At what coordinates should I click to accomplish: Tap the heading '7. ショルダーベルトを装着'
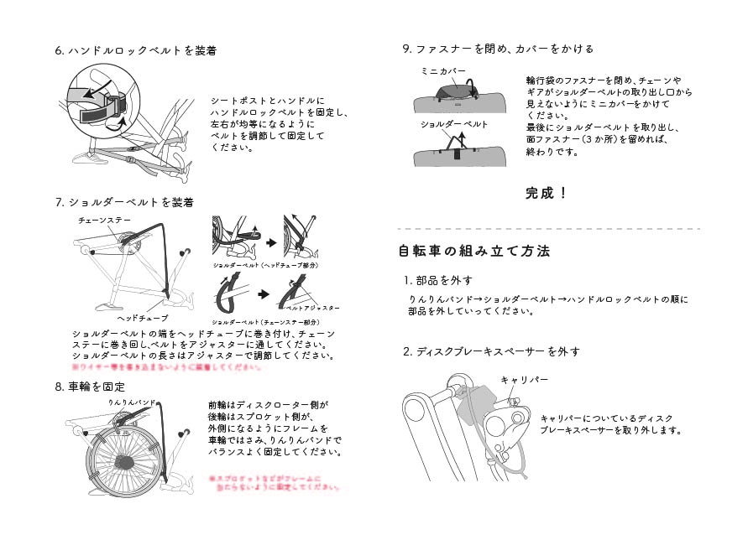pos(124,202)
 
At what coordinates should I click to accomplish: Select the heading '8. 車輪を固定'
pos(90,387)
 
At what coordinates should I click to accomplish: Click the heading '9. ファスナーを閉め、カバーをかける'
pos(499,49)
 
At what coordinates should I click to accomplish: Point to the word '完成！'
pos(547,194)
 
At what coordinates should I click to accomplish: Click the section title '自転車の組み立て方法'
pos(474,251)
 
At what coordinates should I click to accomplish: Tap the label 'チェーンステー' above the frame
pos(105,220)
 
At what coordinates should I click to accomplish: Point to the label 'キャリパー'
pos(525,380)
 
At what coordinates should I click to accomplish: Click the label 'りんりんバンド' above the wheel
pos(133,403)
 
